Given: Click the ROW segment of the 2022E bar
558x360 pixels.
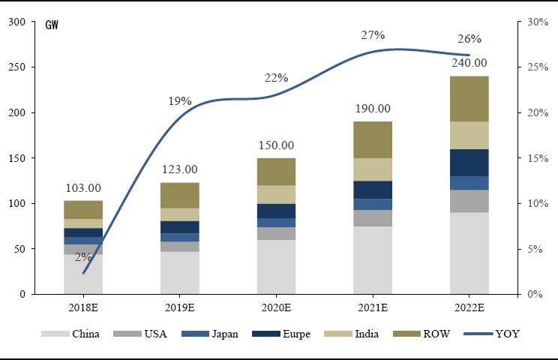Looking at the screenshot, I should (x=469, y=98).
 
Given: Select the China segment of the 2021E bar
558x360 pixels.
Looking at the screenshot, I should (x=373, y=259).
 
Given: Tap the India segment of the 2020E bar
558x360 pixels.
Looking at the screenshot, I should (x=276, y=194).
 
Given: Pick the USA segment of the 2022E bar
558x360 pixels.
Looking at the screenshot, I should (x=469, y=201).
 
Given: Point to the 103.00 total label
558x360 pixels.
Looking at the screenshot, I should (x=83, y=188).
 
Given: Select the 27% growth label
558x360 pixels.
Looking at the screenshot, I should (x=373, y=34).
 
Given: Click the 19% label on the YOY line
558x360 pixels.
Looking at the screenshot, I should (x=180, y=100).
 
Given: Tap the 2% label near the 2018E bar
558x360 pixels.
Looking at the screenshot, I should (x=83, y=257).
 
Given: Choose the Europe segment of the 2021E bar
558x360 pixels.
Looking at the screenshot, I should (x=373, y=190).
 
